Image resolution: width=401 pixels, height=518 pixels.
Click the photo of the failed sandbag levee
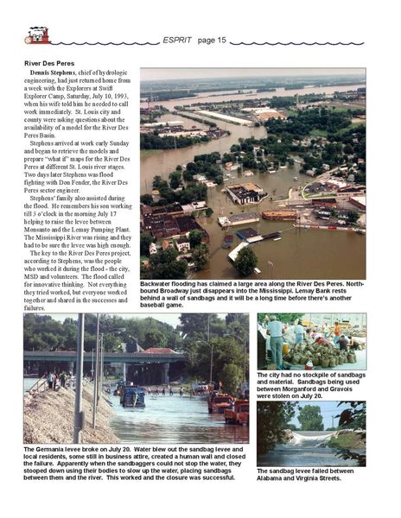(x=311, y=433)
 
